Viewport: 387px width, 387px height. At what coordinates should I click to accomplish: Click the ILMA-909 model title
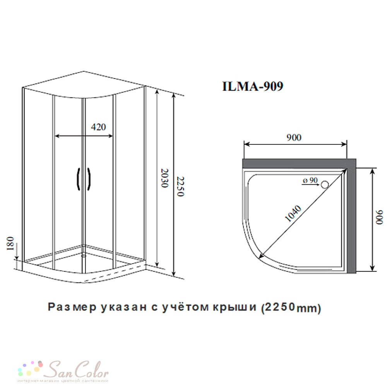tap(253, 86)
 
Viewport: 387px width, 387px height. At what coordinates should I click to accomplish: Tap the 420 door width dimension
tap(98, 127)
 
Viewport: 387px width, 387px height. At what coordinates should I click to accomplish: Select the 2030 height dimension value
tap(164, 178)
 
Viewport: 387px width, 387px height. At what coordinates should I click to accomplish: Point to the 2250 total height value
tap(181, 187)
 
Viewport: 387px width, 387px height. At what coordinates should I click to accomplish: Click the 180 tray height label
tap(10, 243)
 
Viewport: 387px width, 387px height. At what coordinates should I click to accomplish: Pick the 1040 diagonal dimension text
tap(293, 214)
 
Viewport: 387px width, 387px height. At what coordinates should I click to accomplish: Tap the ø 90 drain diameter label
tap(310, 180)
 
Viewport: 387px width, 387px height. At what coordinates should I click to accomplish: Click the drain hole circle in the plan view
tap(325, 185)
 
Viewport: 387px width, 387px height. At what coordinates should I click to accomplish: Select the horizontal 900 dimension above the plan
tap(294, 137)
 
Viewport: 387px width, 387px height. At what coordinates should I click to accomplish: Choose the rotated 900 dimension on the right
tap(379, 217)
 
